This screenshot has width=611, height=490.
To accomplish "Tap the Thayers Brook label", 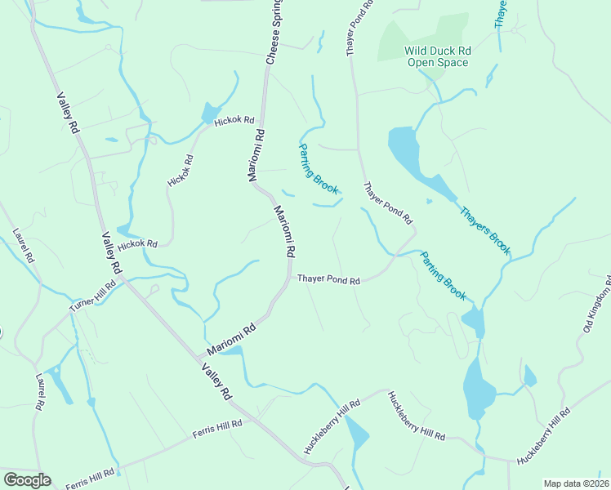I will [x=484, y=229].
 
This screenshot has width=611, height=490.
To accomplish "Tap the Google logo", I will [x=27, y=480].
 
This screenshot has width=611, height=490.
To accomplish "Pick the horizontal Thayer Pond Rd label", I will [x=328, y=279].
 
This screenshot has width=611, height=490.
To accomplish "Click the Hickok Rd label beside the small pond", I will [x=234, y=121].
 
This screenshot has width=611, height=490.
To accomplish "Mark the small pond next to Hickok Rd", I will [x=210, y=113].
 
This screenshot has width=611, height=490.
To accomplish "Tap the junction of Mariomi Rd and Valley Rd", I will [x=199, y=357].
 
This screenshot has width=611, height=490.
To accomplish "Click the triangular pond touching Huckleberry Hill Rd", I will [x=357, y=432].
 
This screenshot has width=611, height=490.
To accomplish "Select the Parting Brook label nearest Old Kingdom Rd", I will [x=444, y=275].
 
